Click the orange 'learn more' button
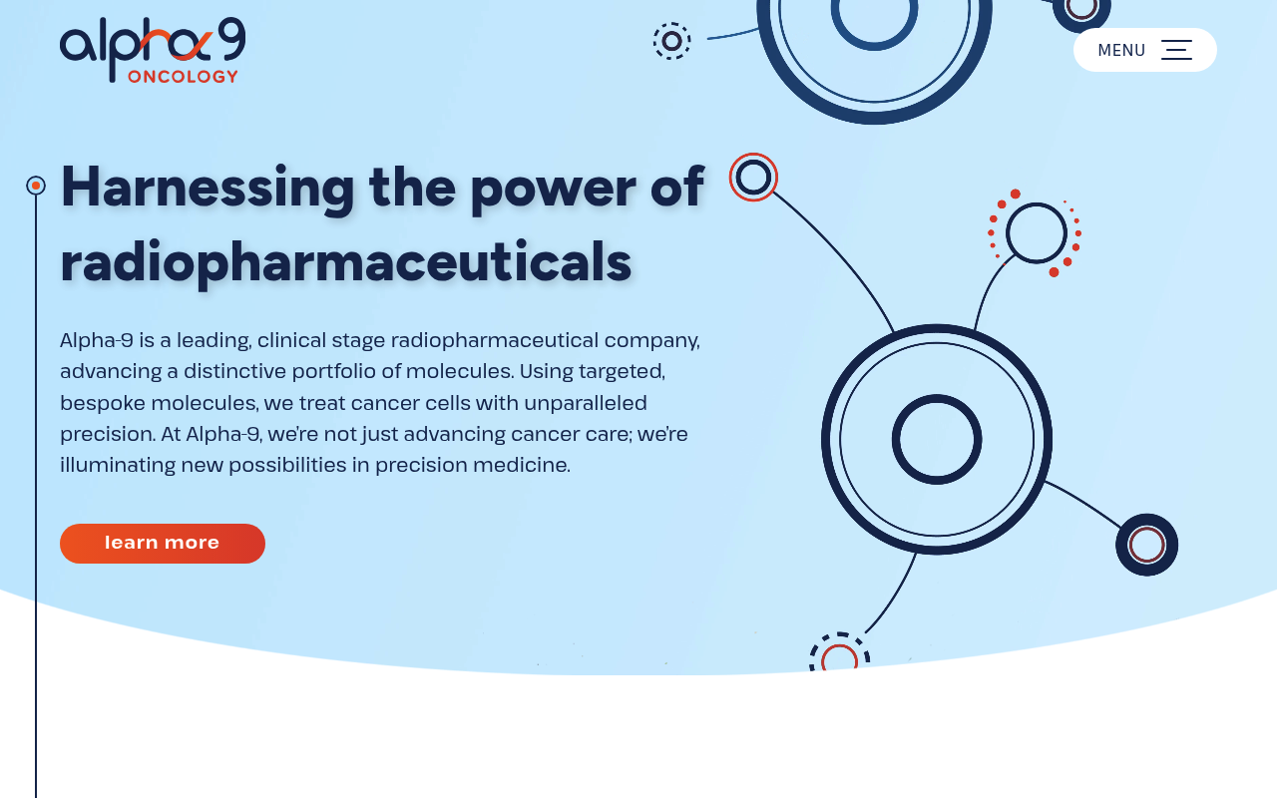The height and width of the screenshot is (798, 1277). pyautogui.click(x=163, y=544)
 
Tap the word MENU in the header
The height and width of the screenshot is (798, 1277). pyautogui.click(x=1121, y=50)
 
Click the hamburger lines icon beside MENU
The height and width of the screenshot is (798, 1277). pyautogui.click(x=1176, y=50)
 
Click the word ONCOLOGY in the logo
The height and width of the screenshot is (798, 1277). pyautogui.click(x=183, y=77)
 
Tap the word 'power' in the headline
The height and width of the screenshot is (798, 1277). pyautogui.click(x=553, y=192)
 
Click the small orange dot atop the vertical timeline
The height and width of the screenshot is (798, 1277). pyautogui.click(x=36, y=186)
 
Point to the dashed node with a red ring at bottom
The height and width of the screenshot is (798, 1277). pyautogui.click(x=839, y=634)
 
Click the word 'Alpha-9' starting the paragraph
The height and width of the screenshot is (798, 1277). pyautogui.click(x=97, y=341)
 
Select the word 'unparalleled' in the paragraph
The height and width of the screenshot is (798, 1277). pyautogui.click(x=586, y=403)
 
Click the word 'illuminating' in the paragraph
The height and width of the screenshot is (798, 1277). pyautogui.click(x=118, y=466)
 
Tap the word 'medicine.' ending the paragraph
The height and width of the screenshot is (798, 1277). pyautogui.click(x=522, y=465)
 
